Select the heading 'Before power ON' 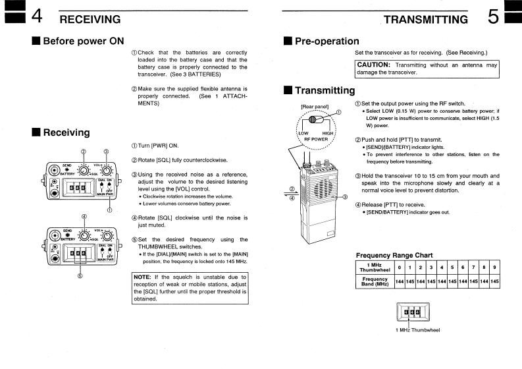pyautogui.click(x=83, y=41)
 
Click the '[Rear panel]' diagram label pyautogui.click(x=315, y=105)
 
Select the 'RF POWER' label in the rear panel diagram pyautogui.click(x=315, y=139)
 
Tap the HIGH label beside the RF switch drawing pyautogui.click(x=328, y=133)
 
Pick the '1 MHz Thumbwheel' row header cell pyautogui.click(x=374, y=267)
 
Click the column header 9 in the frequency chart pyautogui.click(x=494, y=267)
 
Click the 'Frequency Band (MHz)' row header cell pyautogui.click(x=374, y=281)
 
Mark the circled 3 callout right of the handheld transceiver pyautogui.click(x=345, y=196)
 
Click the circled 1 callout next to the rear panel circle pyautogui.click(x=338, y=112)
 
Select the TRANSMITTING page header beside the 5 pyautogui.click(x=426, y=19)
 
